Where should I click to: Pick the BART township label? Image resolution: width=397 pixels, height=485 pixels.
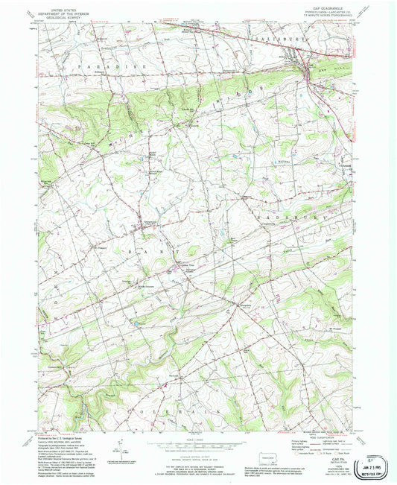coord(144,253)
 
